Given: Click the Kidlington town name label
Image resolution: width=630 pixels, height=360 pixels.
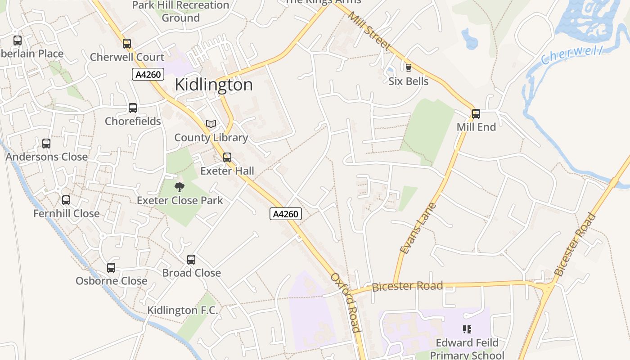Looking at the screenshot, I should [x=214, y=85].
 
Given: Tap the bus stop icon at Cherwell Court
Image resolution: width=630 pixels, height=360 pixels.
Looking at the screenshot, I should [x=127, y=44].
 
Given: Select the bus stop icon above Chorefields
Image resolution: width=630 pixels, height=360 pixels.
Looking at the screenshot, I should [x=133, y=108].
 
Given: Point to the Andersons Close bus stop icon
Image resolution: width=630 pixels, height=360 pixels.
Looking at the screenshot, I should [x=46, y=144].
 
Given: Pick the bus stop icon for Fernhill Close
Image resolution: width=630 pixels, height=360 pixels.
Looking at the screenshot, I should [x=66, y=200].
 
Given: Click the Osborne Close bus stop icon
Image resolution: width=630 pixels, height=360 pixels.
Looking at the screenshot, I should [x=111, y=268].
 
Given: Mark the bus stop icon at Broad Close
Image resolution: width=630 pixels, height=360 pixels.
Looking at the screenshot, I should [x=191, y=260].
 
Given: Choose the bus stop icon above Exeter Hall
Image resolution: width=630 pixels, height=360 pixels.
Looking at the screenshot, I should [x=227, y=157].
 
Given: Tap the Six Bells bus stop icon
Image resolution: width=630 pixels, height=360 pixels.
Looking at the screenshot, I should [x=409, y=68].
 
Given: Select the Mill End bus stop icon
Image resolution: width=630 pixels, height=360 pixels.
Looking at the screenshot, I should [x=476, y=114].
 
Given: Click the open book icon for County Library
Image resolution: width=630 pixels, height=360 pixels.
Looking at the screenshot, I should [x=211, y=124].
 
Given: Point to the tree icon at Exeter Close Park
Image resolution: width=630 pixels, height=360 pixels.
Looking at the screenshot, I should [x=180, y=187].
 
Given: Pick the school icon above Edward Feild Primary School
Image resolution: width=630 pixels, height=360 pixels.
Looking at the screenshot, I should [x=467, y=329].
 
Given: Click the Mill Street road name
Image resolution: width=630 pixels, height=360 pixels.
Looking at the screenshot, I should [x=369, y=31].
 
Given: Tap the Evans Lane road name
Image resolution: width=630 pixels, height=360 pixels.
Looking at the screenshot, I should [x=418, y=228].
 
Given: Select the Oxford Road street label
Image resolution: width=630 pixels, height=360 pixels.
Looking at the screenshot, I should [x=346, y=302].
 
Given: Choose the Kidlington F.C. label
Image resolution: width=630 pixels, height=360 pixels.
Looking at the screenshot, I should [x=183, y=310].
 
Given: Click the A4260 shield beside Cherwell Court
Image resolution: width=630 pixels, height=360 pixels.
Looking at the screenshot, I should [x=148, y=74].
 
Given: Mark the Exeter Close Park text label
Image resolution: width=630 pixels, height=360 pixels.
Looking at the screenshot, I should [x=180, y=200].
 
